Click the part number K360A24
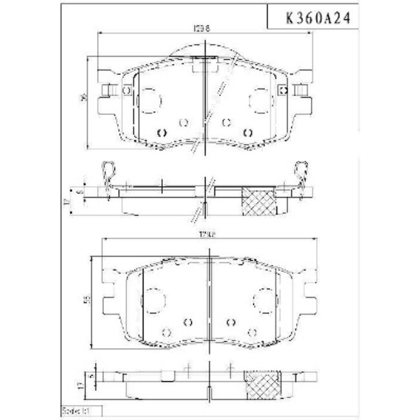(313, 19)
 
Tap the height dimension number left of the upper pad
(82, 98)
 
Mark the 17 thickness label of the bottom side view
(78, 385)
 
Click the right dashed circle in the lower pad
(260, 300)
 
